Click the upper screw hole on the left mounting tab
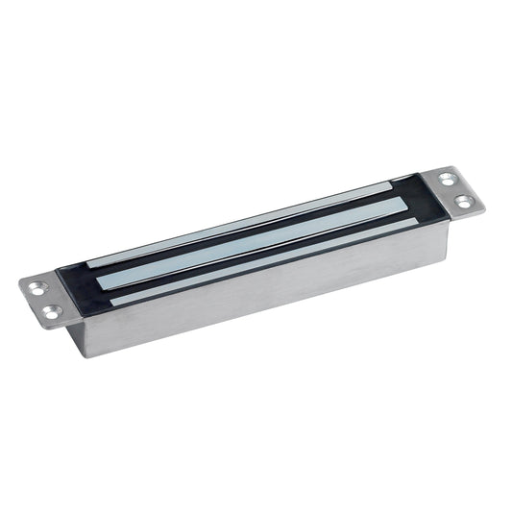tap(36, 285)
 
